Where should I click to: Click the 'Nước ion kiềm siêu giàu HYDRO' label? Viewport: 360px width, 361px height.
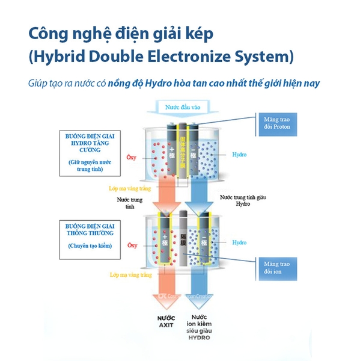(199, 327)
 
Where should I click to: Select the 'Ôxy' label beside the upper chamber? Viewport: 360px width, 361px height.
(132, 158)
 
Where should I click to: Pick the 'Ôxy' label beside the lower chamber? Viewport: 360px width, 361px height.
(132, 245)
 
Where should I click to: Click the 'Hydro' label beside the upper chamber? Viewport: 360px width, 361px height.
(239, 155)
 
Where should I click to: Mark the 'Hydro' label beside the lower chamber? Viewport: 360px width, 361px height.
(239, 242)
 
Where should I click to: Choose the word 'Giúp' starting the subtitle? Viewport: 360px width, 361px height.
(37, 82)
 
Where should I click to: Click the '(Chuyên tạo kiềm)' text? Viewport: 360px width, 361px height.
(90, 245)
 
